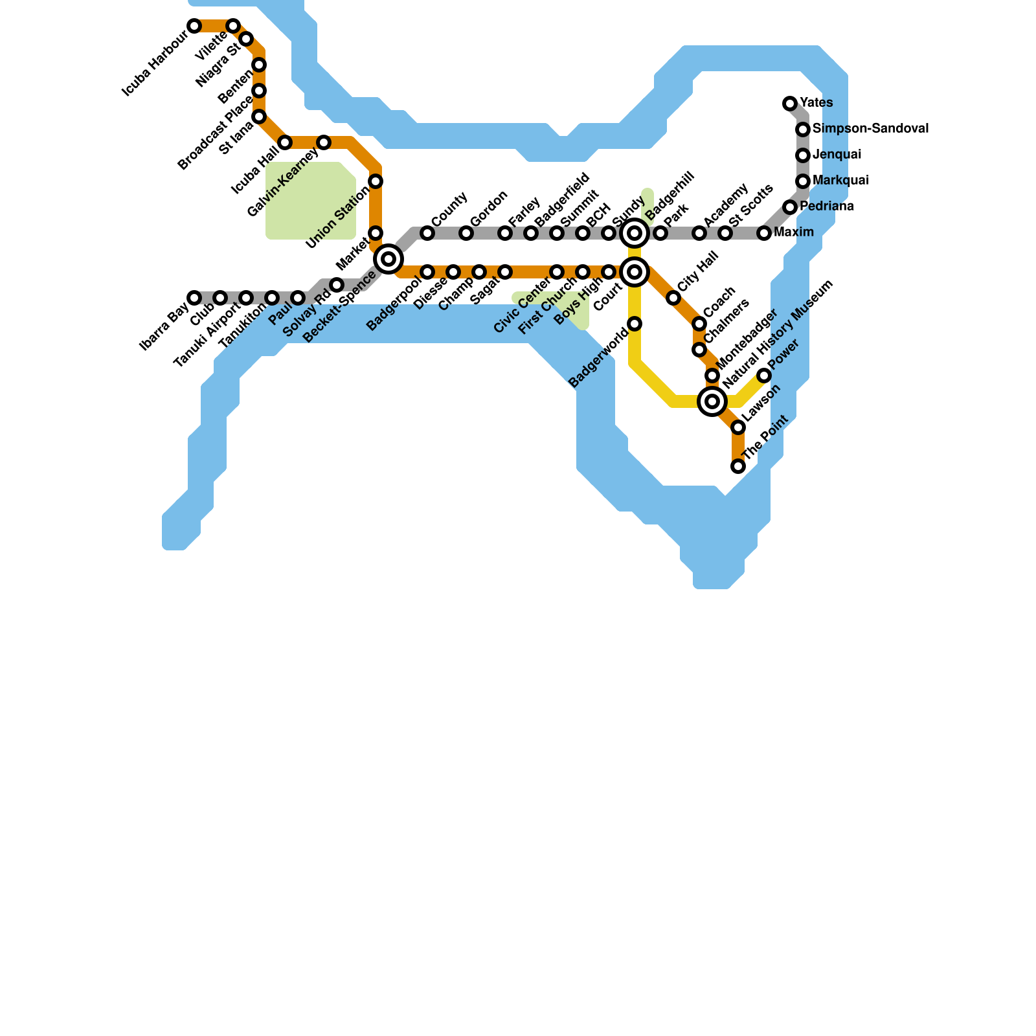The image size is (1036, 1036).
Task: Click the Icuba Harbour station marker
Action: pyautogui.click(x=194, y=26)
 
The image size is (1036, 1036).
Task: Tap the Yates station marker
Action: pyautogui.click(x=790, y=104)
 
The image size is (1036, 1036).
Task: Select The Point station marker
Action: pyautogui.click(x=738, y=466)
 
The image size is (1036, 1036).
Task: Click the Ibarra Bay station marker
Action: pyautogui.click(x=194, y=298)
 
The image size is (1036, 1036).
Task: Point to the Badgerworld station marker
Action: pyautogui.click(x=635, y=324)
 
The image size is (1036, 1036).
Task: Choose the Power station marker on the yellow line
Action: pyautogui.click(x=764, y=376)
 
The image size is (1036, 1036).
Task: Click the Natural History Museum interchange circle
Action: pyautogui.click(x=712, y=401)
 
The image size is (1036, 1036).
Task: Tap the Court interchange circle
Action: pyautogui.click(x=635, y=272)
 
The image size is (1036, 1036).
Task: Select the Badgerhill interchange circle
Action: pyautogui.click(x=635, y=233)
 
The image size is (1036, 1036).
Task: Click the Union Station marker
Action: pyautogui.click(x=376, y=181)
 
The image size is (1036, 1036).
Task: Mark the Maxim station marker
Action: pyautogui.click(x=764, y=233)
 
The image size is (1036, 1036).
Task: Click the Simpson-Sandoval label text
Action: pyautogui.click(x=870, y=129)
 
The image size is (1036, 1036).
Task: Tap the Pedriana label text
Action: pyautogui.click(x=826, y=207)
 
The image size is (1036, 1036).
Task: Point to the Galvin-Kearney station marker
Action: pyautogui.click(x=324, y=142)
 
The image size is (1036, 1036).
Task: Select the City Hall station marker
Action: pyautogui.click(x=673, y=298)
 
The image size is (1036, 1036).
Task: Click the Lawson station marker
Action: pyautogui.click(x=738, y=427)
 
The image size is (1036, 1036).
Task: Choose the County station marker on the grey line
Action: pyautogui.click(x=427, y=233)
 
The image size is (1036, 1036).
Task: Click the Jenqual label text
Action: pyautogui.click(x=837, y=155)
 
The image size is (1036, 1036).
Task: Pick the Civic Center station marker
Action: pyautogui.click(x=557, y=272)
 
